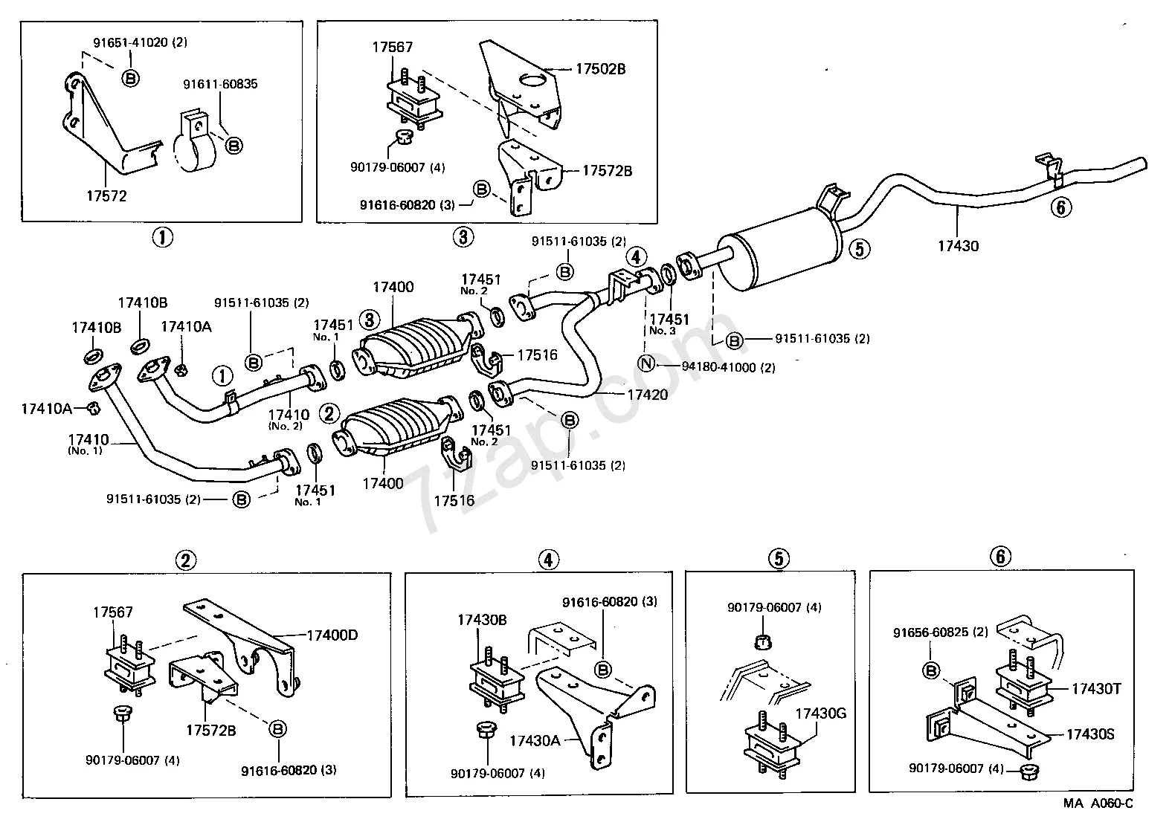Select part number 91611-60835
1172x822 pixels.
(220, 85)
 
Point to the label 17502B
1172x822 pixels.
(600, 69)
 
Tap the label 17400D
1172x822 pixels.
(332, 635)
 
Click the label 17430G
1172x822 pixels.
(821, 714)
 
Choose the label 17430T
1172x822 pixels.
(1096, 689)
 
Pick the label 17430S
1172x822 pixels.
(1090, 734)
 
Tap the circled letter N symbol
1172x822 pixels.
(645, 363)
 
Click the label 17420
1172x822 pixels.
(647, 395)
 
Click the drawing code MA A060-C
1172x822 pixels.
(1098, 803)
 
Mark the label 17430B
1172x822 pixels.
(482, 619)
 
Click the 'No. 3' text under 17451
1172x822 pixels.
(663, 331)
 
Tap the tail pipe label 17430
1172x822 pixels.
(958, 246)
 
